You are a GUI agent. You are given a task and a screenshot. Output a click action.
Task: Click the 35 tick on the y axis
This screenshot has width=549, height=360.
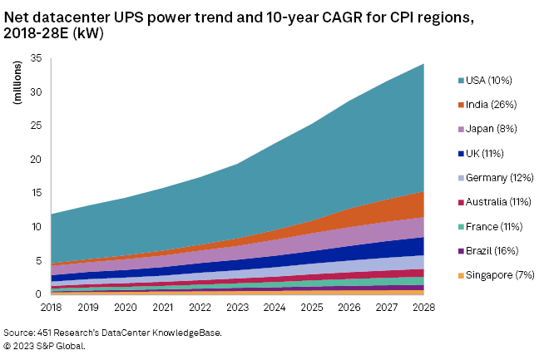[36, 58]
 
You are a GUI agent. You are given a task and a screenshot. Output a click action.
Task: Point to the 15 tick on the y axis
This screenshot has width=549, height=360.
[36, 193]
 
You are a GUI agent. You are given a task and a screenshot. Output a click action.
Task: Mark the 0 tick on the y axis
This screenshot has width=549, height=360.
[38, 294]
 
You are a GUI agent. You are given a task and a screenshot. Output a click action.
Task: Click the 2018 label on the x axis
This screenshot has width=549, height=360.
[52, 308]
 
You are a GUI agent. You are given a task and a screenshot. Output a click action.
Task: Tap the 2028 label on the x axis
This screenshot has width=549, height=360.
[424, 308]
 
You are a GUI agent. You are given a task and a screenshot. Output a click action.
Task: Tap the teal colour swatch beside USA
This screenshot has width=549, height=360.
[462, 81]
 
